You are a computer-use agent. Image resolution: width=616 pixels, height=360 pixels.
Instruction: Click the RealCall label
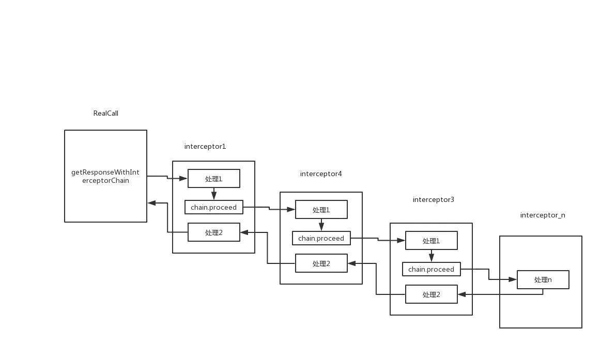[x=105, y=113]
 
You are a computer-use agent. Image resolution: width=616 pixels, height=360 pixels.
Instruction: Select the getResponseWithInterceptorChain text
[x=105, y=176]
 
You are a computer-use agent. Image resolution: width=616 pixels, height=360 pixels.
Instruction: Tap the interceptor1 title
[x=205, y=147]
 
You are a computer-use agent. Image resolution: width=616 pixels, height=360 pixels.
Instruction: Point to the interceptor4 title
[x=321, y=174]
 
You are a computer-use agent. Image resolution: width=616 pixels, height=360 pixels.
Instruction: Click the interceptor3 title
[x=434, y=199]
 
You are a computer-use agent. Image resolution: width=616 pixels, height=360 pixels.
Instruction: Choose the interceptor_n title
[x=543, y=215]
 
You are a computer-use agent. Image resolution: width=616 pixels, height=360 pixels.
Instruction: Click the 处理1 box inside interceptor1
[x=214, y=179]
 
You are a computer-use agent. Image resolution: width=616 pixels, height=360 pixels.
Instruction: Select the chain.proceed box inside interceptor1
[x=214, y=207]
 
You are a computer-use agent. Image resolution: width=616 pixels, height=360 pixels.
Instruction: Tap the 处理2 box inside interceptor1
[x=214, y=232]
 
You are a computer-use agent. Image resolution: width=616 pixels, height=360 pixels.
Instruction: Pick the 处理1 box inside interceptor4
[x=321, y=210]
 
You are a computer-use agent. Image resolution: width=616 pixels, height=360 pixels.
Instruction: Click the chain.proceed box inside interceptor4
[x=321, y=238]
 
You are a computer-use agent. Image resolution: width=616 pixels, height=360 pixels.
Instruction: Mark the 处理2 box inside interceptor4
[x=321, y=263]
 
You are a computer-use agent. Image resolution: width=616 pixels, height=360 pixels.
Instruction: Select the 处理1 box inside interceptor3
[x=432, y=241]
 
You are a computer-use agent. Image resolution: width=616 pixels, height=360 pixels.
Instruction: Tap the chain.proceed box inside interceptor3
[x=432, y=269]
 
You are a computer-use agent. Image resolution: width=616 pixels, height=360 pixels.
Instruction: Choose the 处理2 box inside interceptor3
[x=432, y=294]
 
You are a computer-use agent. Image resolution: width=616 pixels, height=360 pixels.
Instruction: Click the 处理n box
[x=543, y=280]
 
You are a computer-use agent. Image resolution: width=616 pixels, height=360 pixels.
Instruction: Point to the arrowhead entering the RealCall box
[x=152, y=203]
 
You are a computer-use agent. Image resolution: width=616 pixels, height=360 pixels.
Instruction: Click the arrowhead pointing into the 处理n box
[x=512, y=279]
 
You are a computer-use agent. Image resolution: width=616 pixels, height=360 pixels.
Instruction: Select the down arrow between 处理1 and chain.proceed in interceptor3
[x=432, y=256]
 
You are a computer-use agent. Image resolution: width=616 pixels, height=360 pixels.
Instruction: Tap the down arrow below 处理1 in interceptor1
[x=214, y=194]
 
